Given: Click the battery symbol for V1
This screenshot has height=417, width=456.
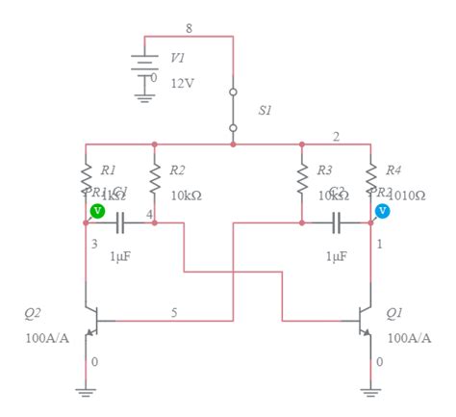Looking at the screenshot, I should tap(145, 63).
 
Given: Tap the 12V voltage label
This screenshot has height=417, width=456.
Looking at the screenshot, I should tap(183, 83).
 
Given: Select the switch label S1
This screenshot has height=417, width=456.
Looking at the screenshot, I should tap(265, 111).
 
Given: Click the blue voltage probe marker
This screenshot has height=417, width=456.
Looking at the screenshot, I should tap(383, 210).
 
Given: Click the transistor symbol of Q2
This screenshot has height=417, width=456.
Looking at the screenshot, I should tap(92, 323).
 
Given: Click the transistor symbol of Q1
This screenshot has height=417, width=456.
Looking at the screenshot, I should tap(365, 323).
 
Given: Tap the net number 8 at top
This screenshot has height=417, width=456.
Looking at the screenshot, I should tap(189, 28).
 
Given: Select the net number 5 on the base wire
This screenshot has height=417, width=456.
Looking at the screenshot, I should tap(174, 312).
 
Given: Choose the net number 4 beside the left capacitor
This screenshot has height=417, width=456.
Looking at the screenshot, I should tap(149, 212).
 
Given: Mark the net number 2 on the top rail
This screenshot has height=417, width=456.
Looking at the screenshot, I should tap(336, 136).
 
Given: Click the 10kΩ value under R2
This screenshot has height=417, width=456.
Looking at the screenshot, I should tap(186, 195).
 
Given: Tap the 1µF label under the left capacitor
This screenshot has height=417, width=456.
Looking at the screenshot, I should tap(120, 256).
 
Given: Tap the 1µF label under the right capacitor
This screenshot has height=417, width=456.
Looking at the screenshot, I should tap(336, 256).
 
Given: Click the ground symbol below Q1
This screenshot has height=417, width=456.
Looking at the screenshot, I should tap(370, 390).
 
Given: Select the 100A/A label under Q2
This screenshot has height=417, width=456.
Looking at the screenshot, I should tap(46, 338).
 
